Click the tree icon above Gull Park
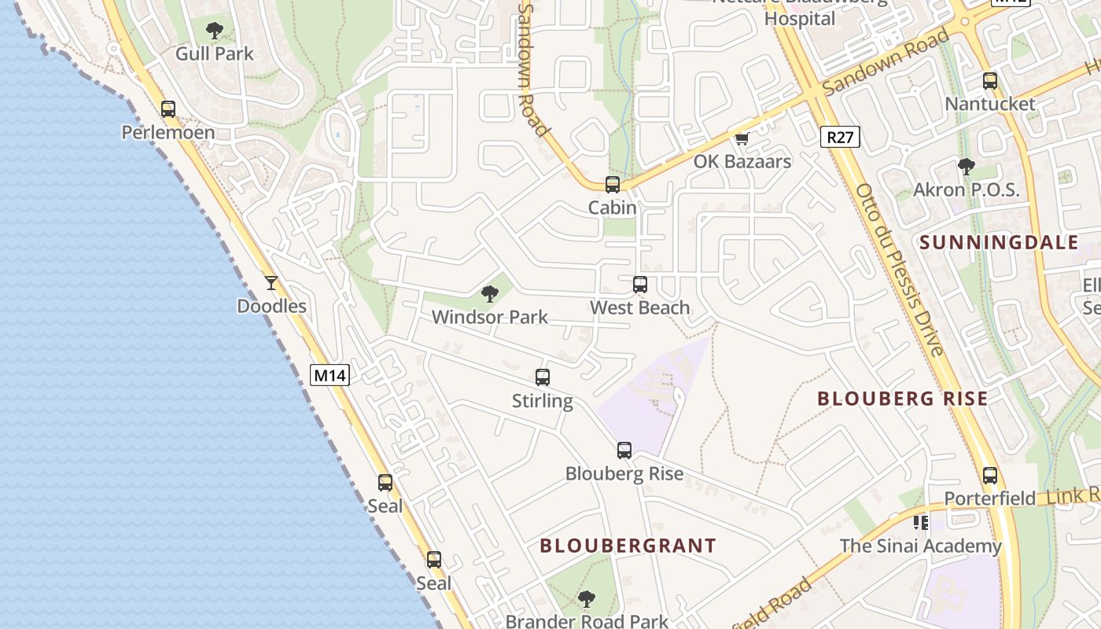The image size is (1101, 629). pyautogui.click(x=214, y=31)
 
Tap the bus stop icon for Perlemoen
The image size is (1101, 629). pyautogui.click(x=168, y=109)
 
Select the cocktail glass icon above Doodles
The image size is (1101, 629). pyautogui.click(x=271, y=282)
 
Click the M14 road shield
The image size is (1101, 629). pyautogui.click(x=330, y=375)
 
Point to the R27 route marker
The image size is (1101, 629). pyautogui.click(x=840, y=138)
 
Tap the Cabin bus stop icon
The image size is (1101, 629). pyautogui.click(x=613, y=185)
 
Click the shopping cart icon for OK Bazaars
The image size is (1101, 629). pyautogui.click(x=742, y=138)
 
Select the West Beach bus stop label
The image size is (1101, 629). pyautogui.click(x=640, y=308)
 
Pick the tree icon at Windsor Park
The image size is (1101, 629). pyautogui.click(x=490, y=295)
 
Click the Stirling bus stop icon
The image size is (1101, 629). pyautogui.click(x=543, y=377)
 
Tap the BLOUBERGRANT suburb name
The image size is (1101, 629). pyautogui.click(x=628, y=546)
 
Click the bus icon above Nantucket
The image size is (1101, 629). pyautogui.click(x=990, y=81)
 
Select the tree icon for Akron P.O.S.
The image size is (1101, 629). pyautogui.click(x=967, y=167)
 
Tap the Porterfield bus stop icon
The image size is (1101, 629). pyautogui.click(x=990, y=476)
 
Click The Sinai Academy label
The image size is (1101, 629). pyautogui.click(x=920, y=546)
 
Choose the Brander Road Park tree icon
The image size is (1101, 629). pyautogui.click(x=587, y=599)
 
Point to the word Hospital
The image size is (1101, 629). pyautogui.click(x=800, y=19)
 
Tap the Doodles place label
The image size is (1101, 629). pyautogui.click(x=272, y=306)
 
